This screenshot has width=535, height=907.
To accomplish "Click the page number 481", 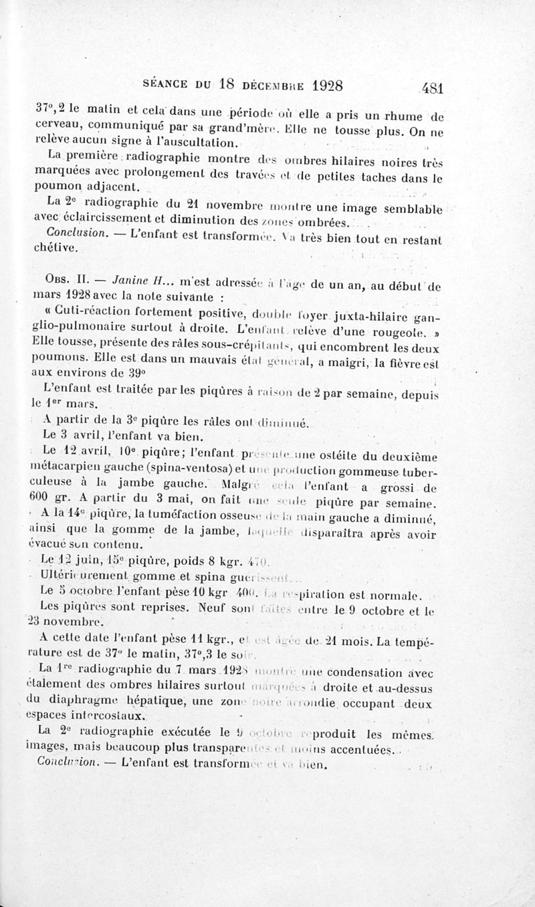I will [433, 87].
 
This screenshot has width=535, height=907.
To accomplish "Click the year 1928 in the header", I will [316, 86].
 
